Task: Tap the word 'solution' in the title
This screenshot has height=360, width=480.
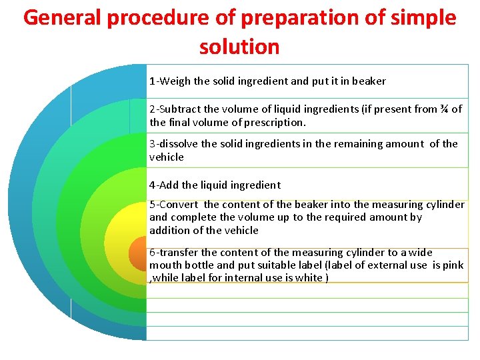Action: coord(239,47)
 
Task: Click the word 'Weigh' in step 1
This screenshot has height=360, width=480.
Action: coord(175,81)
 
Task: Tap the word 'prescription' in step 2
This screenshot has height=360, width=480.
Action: coord(272,123)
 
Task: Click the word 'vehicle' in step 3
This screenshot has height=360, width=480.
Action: coord(166,157)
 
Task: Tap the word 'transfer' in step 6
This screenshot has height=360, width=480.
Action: coord(179,253)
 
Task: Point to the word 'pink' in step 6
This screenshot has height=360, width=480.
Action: coord(453,265)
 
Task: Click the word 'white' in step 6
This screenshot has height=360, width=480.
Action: coord(307,278)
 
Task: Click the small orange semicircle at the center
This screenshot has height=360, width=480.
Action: coord(139,253)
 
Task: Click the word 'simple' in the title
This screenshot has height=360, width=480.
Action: coord(421,18)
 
